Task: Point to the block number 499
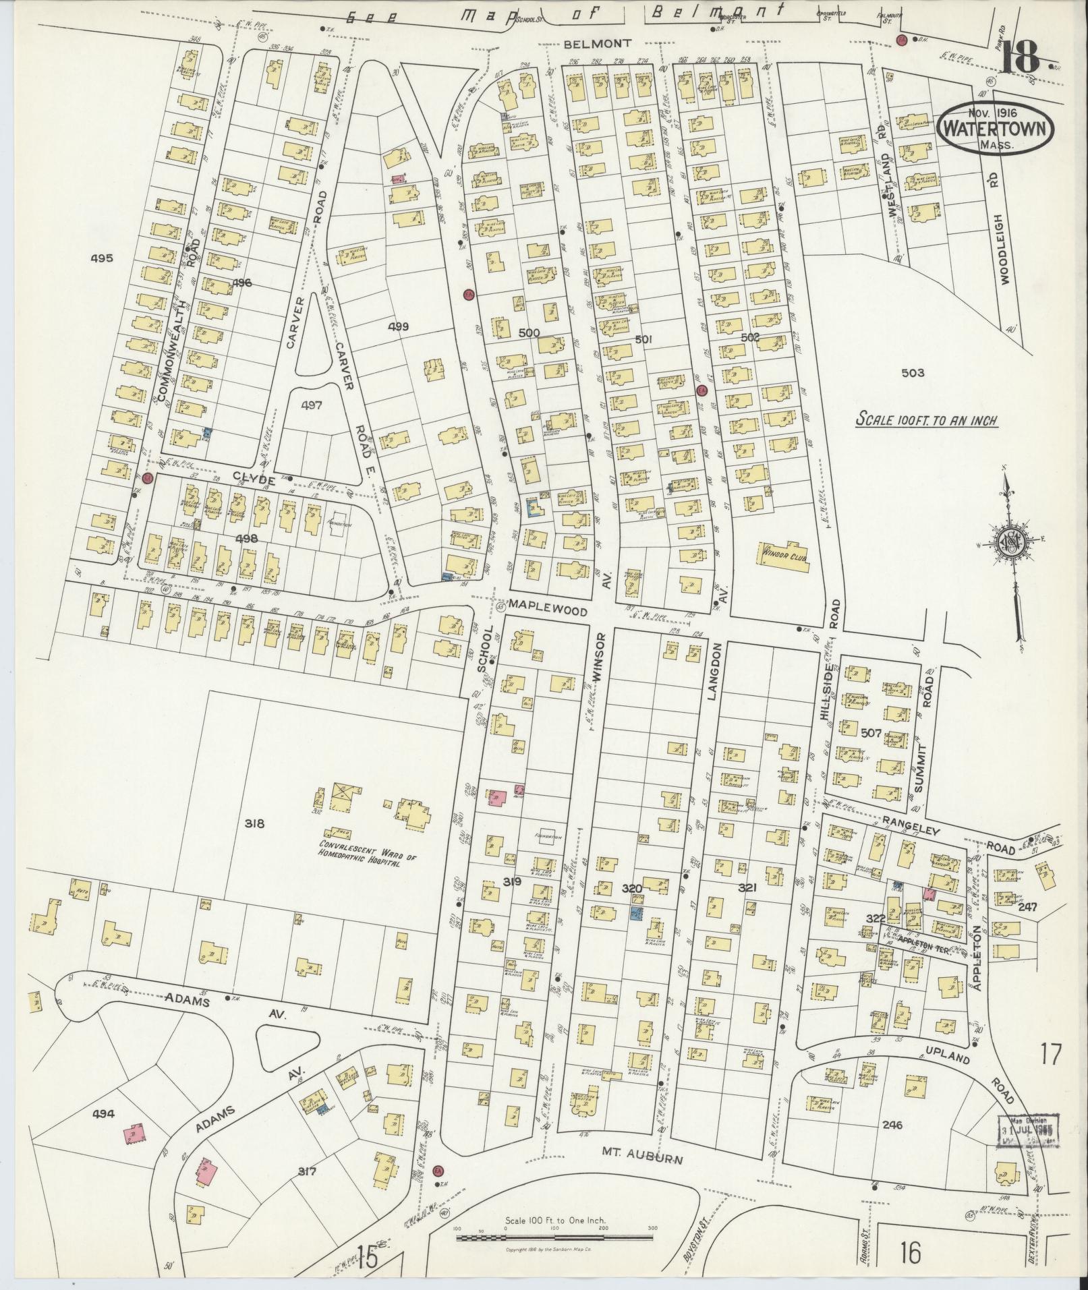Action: tap(399, 326)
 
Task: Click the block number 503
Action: tap(911, 373)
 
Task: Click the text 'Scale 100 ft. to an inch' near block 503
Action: tap(926, 420)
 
